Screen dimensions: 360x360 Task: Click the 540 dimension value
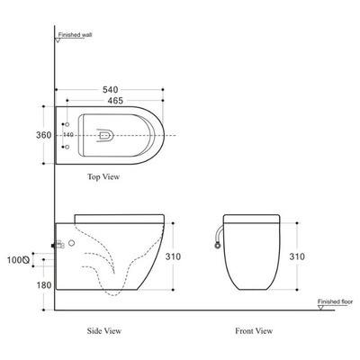(111, 89)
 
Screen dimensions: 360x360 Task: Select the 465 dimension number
(115, 101)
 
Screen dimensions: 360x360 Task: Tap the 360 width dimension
(44, 135)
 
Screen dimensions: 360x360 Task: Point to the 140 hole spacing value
(68, 135)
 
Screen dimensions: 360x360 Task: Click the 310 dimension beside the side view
(174, 256)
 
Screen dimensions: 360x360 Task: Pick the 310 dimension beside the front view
(297, 256)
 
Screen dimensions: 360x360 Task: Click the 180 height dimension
(44, 285)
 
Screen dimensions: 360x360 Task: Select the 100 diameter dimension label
(18, 260)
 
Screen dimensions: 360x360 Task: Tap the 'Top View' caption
(103, 176)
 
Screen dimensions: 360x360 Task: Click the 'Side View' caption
(104, 331)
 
